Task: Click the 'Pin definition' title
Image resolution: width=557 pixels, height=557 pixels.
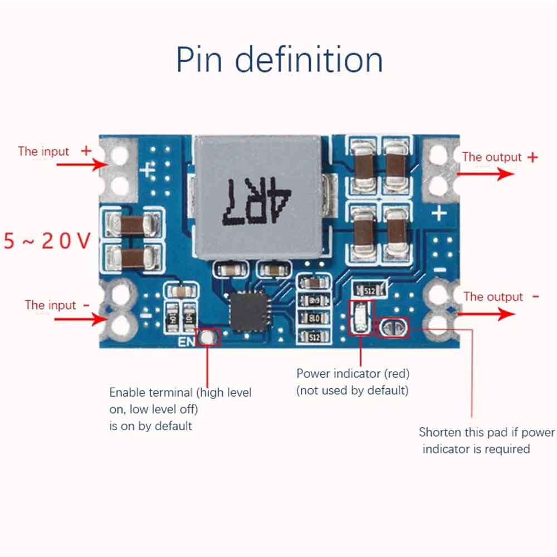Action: coord(280,60)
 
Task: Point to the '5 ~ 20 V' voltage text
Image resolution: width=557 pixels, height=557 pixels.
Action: coord(47,241)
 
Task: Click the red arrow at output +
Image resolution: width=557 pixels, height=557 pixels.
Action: coord(485,174)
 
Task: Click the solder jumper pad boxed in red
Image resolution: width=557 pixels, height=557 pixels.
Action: coord(393,328)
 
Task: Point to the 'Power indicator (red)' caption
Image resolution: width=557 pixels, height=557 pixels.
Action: coord(353,374)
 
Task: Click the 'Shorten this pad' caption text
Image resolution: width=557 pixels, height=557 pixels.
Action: coord(486,432)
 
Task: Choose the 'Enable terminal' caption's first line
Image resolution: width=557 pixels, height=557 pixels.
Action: coord(180,393)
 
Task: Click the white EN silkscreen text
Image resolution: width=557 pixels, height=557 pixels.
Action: coord(185,341)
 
